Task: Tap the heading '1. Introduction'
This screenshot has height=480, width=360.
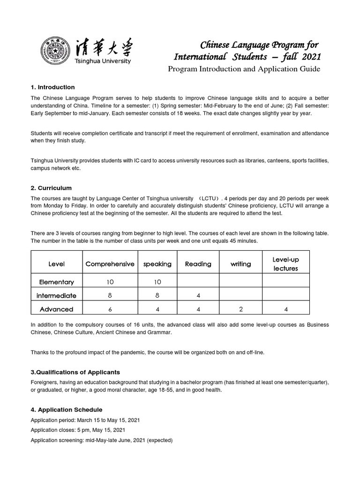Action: point(52,87)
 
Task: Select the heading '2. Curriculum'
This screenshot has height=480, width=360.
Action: point(51,188)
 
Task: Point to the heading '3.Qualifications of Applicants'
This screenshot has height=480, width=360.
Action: point(75,372)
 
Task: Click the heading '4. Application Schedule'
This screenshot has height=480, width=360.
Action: point(66,410)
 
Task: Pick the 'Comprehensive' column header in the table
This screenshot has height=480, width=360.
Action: point(110,264)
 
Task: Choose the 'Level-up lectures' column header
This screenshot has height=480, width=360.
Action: point(285,264)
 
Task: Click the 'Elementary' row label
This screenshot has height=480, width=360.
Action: point(57,282)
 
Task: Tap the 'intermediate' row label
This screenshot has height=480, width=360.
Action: point(57,296)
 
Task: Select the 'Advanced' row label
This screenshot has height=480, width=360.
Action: point(57,309)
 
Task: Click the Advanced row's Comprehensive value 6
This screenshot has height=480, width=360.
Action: point(110,309)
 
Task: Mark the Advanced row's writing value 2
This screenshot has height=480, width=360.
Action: point(240,309)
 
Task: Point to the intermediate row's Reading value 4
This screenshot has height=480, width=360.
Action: point(198,296)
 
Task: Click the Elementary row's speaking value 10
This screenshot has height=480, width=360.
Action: point(157,282)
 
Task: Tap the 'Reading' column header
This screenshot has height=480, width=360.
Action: point(198,264)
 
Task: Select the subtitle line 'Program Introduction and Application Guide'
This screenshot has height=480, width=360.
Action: point(244,69)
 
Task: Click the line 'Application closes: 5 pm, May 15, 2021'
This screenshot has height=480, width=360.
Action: point(78,429)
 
